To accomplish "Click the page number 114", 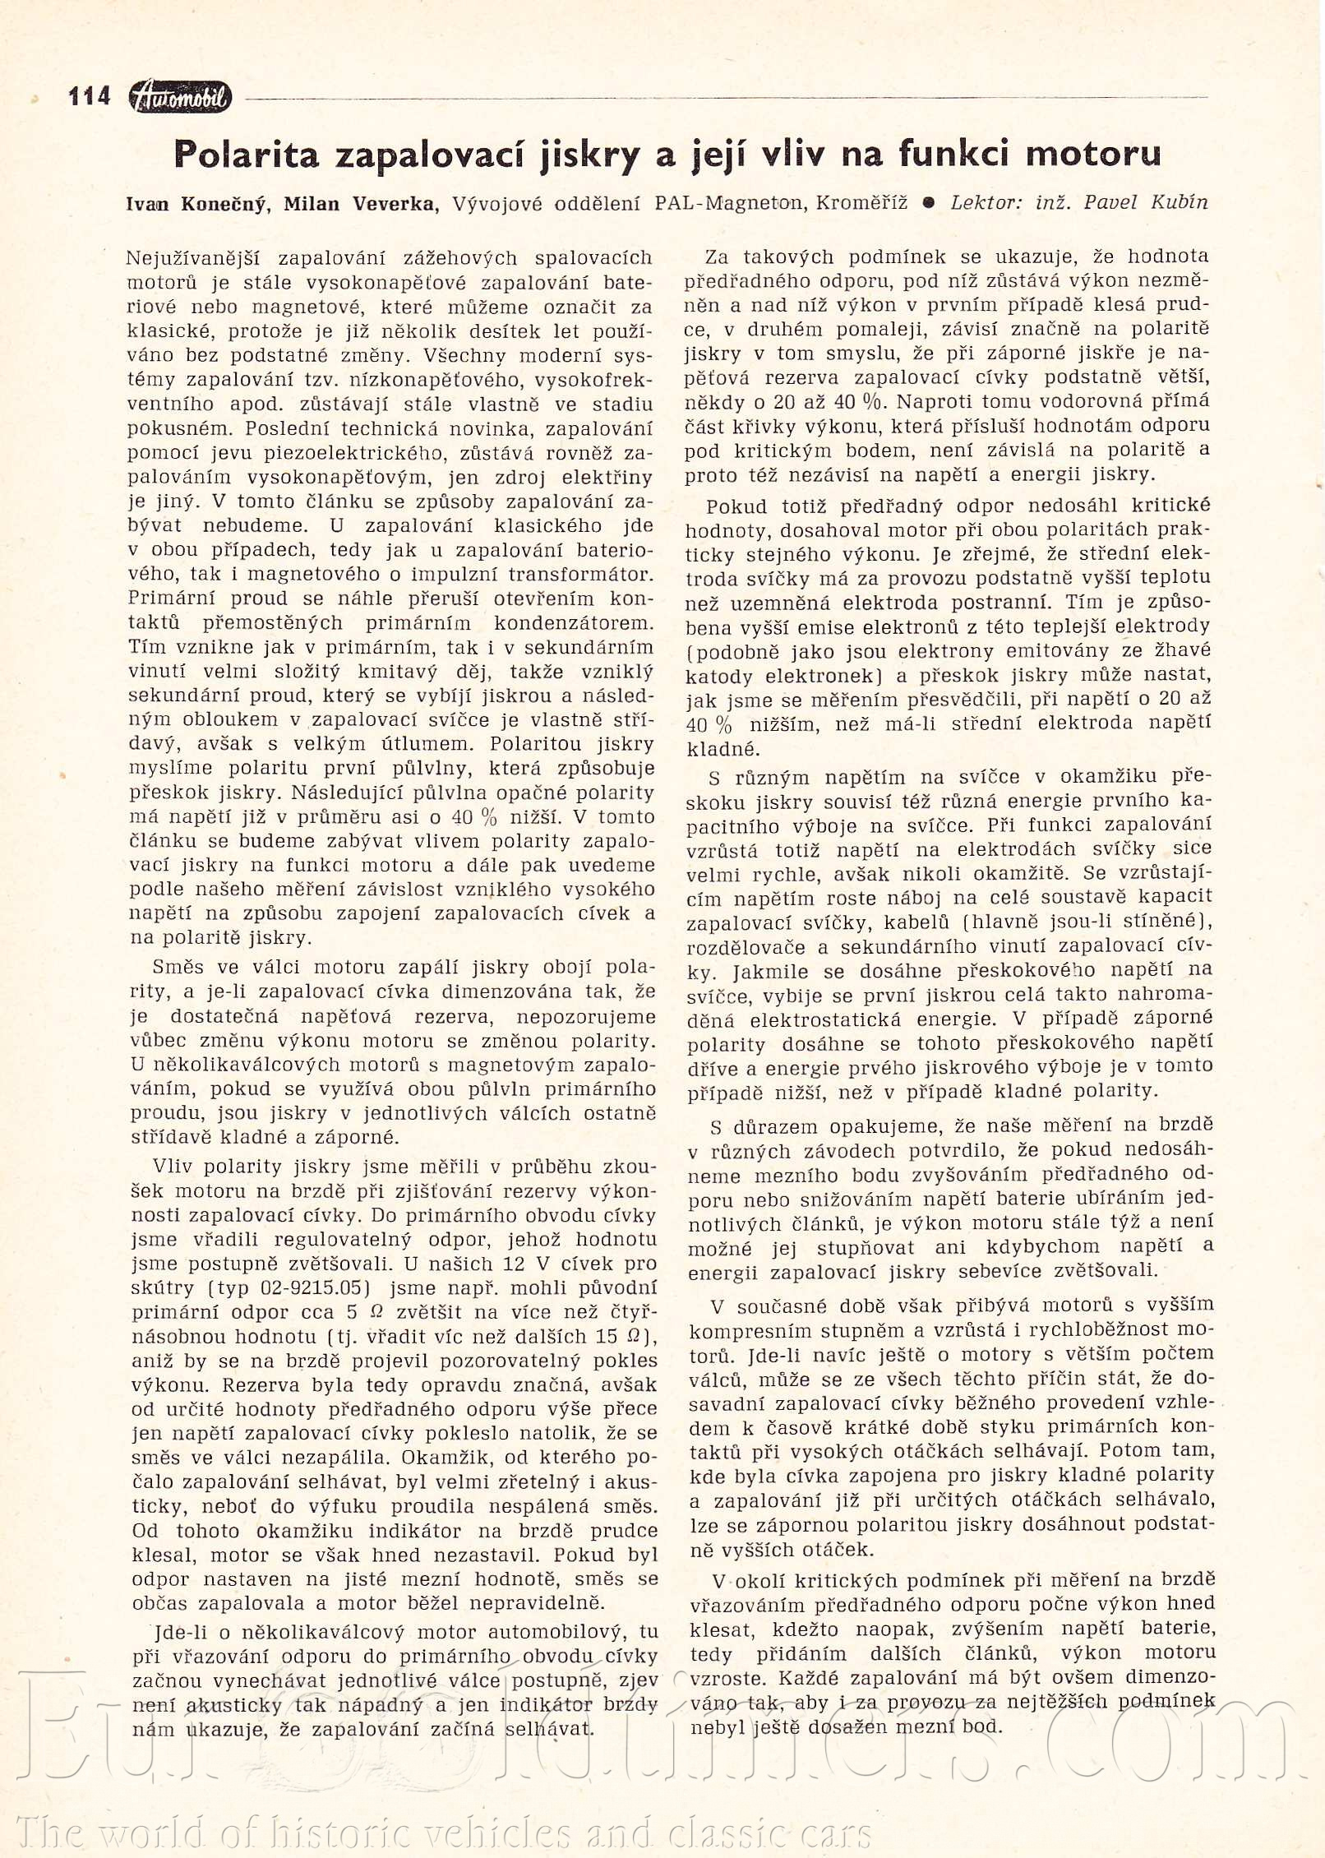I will pyautogui.click(x=90, y=97).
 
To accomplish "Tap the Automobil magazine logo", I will pyautogui.click(x=181, y=98).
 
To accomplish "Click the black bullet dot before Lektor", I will pyautogui.click(x=928, y=203).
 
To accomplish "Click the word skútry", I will pyautogui.click(x=163, y=1287).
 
